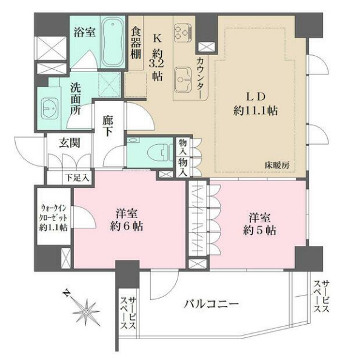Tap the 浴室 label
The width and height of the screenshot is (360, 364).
click(84, 33)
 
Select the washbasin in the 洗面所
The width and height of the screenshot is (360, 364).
click(47, 111)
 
